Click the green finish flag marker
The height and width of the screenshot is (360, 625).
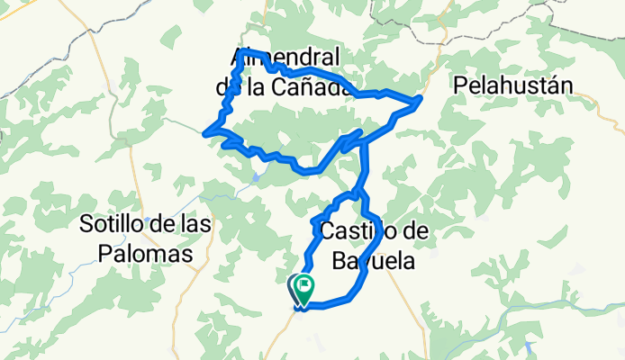(x=305, y=288)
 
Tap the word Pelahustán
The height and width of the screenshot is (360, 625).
(x=514, y=86)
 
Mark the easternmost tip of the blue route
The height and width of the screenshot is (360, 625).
(x=421, y=98)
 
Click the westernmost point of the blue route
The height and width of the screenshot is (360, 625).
(x=206, y=133)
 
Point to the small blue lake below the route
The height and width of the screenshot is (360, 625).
(x=258, y=177)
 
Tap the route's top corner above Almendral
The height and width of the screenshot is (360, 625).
(x=247, y=51)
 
